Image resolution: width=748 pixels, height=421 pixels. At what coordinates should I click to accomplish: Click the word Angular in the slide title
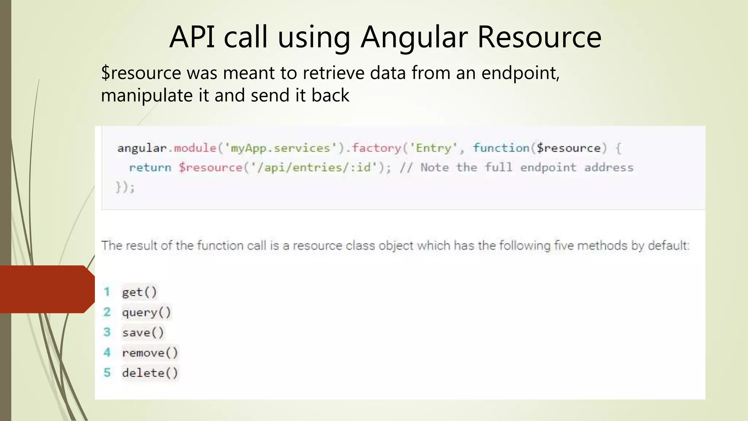click(414, 37)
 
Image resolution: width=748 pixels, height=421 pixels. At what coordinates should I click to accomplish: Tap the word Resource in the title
click(539, 37)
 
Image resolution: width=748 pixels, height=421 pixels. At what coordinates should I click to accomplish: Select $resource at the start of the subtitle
click(141, 73)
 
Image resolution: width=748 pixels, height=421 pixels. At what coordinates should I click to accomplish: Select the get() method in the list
click(139, 292)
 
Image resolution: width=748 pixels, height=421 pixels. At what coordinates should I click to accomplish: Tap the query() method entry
click(146, 312)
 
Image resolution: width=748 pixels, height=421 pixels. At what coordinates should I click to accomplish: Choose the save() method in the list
click(143, 333)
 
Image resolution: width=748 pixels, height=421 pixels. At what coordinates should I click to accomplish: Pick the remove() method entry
click(150, 353)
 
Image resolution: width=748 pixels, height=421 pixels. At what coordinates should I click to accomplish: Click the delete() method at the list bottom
click(150, 373)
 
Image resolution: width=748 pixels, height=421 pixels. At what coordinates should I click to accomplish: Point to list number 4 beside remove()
click(107, 352)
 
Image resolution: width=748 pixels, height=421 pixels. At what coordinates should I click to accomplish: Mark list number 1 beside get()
click(107, 292)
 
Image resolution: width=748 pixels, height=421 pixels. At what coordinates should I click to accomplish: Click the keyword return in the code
click(150, 167)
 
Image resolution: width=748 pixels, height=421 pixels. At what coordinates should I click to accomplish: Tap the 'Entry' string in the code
click(434, 148)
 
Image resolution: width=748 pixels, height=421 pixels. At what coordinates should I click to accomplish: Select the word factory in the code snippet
click(377, 148)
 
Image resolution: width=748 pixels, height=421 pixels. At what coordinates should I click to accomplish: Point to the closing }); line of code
click(125, 187)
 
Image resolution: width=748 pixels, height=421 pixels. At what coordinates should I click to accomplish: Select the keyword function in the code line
click(501, 148)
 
